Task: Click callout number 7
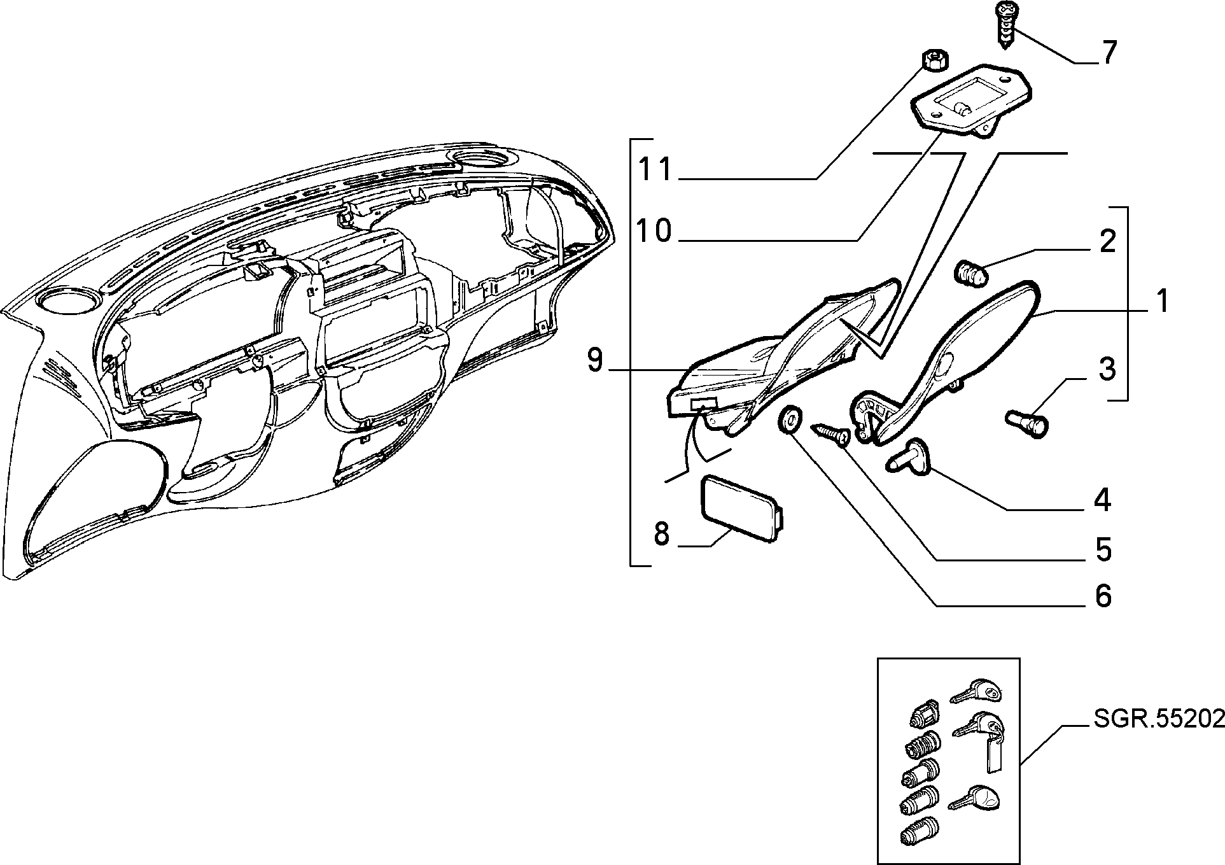[x=1109, y=52]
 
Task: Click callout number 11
[x=655, y=171]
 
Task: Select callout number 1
[x=1162, y=301]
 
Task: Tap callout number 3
[x=1107, y=369]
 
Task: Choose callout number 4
[x=1102, y=500]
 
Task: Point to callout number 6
[x=1103, y=596]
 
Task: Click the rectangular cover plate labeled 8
[x=741, y=510]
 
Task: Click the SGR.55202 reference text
[x=1159, y=719]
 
